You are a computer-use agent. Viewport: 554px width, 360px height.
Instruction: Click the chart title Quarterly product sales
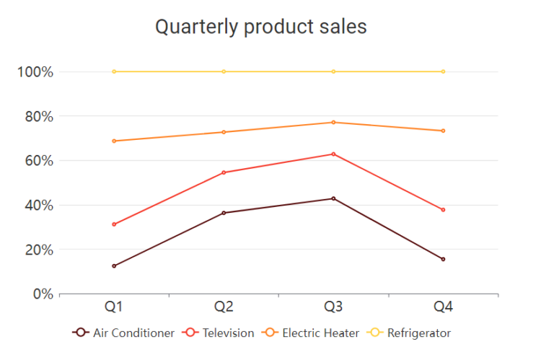point(261,27)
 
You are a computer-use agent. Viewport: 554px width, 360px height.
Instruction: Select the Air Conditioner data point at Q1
point(114,266)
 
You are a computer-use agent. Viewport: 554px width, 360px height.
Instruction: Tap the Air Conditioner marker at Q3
point(333,198)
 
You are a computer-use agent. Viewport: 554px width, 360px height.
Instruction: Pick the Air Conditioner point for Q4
point(443,259)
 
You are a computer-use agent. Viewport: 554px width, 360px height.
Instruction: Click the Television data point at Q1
point(114,224)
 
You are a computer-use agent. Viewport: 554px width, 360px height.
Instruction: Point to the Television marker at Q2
point(224,172)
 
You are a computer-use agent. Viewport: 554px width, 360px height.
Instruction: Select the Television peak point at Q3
point(333,154)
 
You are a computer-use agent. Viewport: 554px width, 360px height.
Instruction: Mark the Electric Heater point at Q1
point(114,141)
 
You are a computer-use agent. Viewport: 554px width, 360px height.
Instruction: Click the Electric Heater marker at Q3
point(333,122)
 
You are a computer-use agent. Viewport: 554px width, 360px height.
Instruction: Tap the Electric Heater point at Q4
point(443,131)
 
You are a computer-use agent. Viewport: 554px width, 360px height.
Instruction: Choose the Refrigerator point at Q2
point(224,71)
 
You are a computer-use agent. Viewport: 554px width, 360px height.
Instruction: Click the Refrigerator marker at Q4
point(443,71)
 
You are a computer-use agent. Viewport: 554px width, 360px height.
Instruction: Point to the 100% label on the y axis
point(35,71)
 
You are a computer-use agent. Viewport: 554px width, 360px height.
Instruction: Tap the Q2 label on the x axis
point(224,307)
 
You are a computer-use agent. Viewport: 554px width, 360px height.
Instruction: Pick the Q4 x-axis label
point(443,307)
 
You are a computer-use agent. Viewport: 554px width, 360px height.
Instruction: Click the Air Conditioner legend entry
point(124,333)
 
